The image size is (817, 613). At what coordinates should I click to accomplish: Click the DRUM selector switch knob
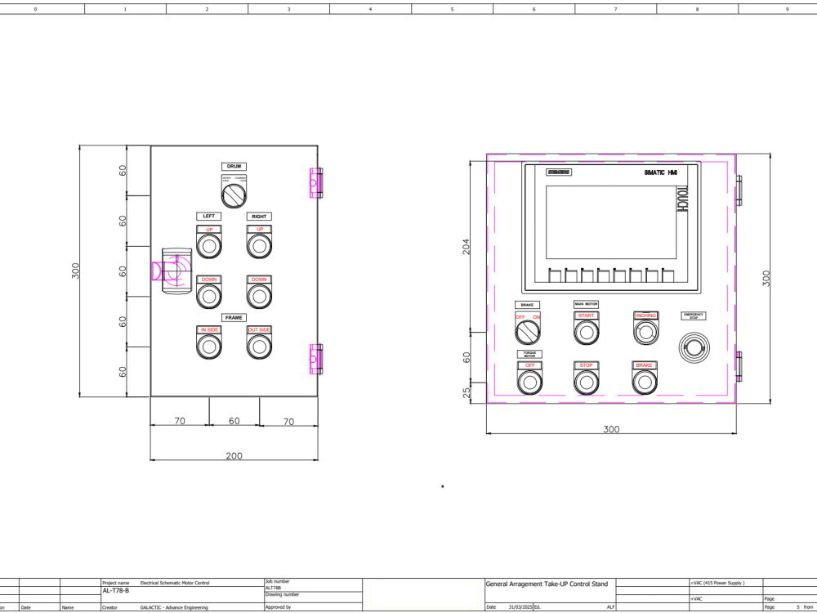pyautogui.click(x=234, y=195)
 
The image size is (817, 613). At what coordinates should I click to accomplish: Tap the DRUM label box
pyautogui.click(x=234, y=167)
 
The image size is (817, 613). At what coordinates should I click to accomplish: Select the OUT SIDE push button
pyautogui.click(x=259, y=346)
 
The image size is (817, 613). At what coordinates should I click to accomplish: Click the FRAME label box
pyautogui.click(x=234, y=317)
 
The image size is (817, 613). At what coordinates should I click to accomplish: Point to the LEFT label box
pyautogui.click(x=208, y=217)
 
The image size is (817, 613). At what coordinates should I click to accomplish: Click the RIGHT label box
pyautogui.click(x=259, y=217)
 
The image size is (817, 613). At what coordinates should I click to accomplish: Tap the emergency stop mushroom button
pyautogui.click(x=694, y=348)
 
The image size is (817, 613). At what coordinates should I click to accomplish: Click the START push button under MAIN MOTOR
pyautogui.click(x=586, y=332)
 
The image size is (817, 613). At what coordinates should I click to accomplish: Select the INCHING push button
pyautogui.click(x=645, y=332)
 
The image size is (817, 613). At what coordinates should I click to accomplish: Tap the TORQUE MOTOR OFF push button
pyautogui.click(x=529, y=382)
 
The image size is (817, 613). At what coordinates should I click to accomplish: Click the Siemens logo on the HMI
pyautogui.click(x=559, y=172)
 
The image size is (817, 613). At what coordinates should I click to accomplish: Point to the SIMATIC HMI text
pyautogui.click(x=662, y=172)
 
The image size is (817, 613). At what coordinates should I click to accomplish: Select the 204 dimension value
pyautogui.click(x=467, y=246)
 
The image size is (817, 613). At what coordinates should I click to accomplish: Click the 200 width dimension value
pyautogui.click(x=234, y=455)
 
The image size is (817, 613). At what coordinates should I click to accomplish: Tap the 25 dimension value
pyautogui.click(x=467, y=393)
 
